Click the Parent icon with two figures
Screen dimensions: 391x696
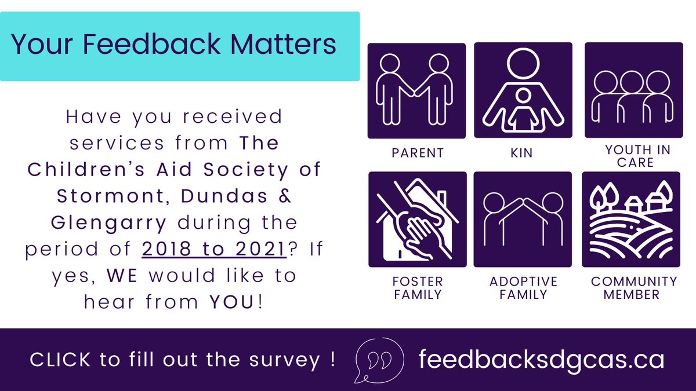pyautogui.click(x=416, y=91)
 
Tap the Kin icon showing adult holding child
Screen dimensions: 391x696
pyautogui.click(x=523, y=90)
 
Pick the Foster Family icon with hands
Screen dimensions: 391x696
pyautogui.click(x=416, y=220)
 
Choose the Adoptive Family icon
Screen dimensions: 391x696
pyautogui.click(x=523, y=220)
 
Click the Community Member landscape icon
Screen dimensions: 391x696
pyautogui.click(x=630, y=220)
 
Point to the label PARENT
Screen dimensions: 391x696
pyautogui.click(x=418, y=153)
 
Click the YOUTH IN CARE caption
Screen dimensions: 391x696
pyautogui.click(x=637, y=156)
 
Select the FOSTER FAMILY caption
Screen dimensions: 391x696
pyautogui.click(x=418, y=288)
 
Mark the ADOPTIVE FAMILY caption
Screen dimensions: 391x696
pyautogui.click(x=523, y=288)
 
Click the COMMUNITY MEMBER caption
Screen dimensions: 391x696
pyautogui.click(x=634, y=288)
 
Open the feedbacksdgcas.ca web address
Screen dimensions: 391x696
pyautogui.click(x=541, y=360)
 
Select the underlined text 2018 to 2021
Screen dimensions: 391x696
pyautogui.click(x=213, y=249)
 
